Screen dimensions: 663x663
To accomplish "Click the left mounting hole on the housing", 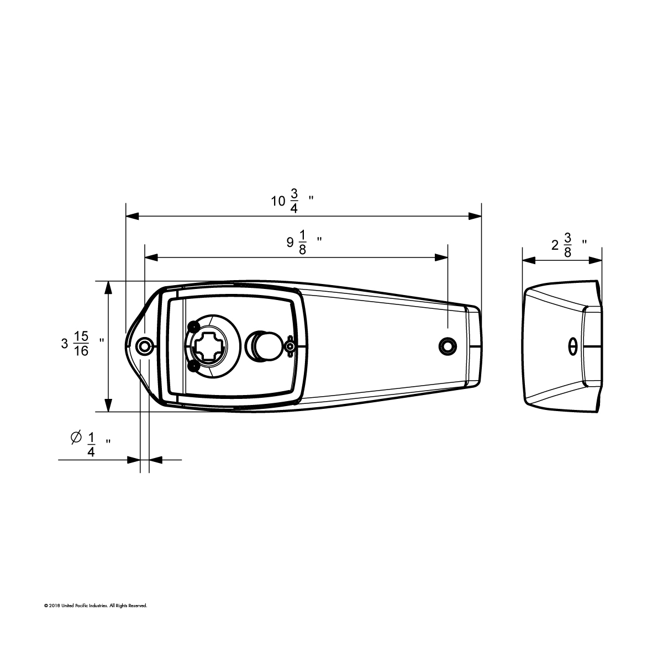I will [145, 346].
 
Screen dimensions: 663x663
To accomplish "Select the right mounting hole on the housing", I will [447, 346].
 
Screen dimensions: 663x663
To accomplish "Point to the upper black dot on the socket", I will [192, 325].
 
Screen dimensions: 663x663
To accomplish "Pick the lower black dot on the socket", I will [192, 366].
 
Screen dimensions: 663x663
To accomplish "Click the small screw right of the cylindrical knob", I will [290, 346].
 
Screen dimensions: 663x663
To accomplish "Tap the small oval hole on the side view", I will [573, 346].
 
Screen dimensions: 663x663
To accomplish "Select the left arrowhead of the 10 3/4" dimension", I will [131, 216].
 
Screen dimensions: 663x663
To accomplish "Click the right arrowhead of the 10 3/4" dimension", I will [476, 216].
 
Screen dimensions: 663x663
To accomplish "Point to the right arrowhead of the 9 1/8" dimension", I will [441, 257].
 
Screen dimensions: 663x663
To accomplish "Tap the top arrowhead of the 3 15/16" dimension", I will [109, 287].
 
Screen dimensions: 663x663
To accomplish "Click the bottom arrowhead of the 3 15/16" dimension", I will [109, 406].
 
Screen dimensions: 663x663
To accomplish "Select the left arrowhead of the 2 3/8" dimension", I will [528, 260].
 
